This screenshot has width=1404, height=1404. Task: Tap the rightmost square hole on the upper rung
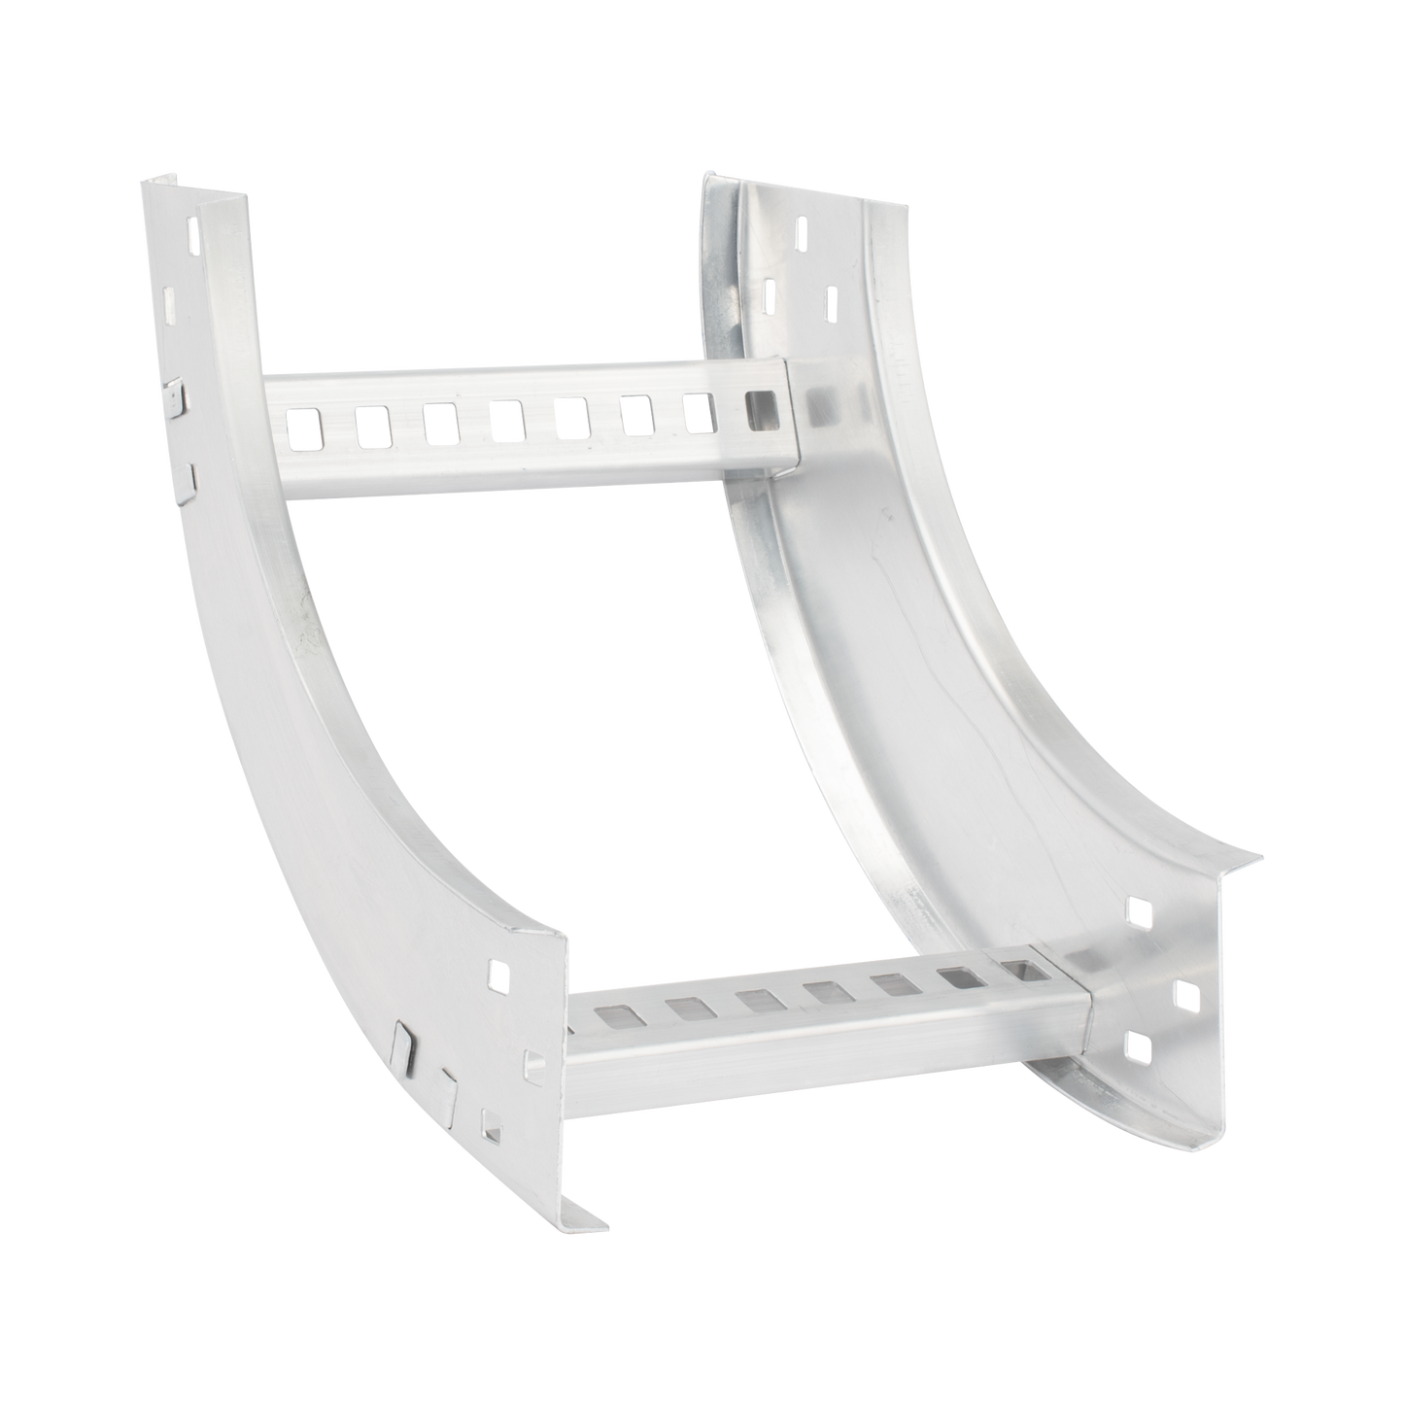763,403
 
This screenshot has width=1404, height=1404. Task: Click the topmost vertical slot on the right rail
802,230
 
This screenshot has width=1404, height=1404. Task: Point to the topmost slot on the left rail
193,236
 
